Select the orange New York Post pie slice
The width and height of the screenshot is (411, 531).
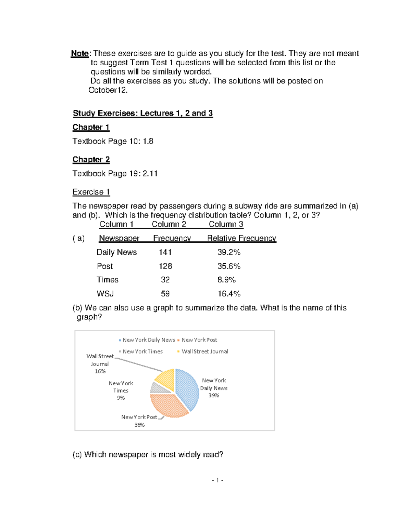[x=168, y=405]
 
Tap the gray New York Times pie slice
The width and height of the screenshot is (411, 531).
[x=158, y=388]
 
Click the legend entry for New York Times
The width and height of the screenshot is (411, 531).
[x=142, y=351]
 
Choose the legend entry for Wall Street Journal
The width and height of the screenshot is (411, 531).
[x=204, y=351]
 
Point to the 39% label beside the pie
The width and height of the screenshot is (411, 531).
[x=214, y=395]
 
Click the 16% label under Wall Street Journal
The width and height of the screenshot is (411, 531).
[x=100, y=371]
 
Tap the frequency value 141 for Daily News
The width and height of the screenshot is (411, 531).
[x=165, y=252]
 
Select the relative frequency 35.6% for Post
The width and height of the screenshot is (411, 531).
[x=229, y=266]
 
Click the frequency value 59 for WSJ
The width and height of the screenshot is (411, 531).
[x=165, y=293]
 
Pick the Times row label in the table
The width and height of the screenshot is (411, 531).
[x=108, y=280]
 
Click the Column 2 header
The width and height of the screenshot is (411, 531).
[x=169, y=224]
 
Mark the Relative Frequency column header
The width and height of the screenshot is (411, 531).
[x=241, y=238]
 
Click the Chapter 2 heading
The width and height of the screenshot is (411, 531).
[x=91, y=160]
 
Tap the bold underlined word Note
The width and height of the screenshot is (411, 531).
[x=80, y=53]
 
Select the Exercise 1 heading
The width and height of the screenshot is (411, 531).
[x=91, y=192]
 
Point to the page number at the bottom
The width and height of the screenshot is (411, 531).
[x=217, y=480]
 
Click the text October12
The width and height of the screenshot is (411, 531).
[x=108, y=90]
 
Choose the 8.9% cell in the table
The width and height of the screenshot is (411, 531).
[x=226, y=280]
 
